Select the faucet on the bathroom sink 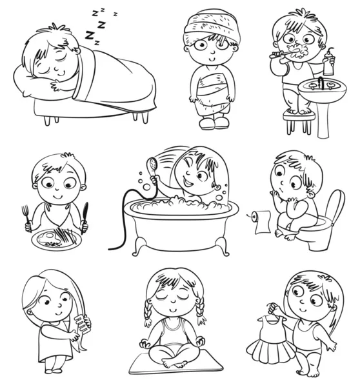[321, 83]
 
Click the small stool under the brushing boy [299, 122]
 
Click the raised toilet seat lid [335, 207]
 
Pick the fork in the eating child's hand [26, 217]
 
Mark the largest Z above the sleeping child [90, 35]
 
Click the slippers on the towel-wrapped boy [214, 123]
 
